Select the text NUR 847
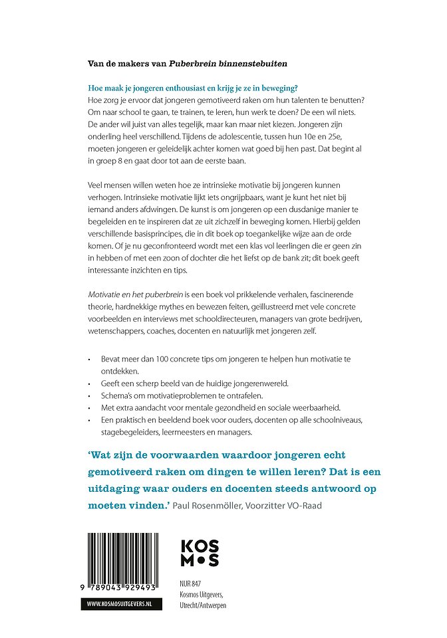point(191,584)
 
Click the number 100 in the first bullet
point(173,358)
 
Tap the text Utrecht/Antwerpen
point(204,606)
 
